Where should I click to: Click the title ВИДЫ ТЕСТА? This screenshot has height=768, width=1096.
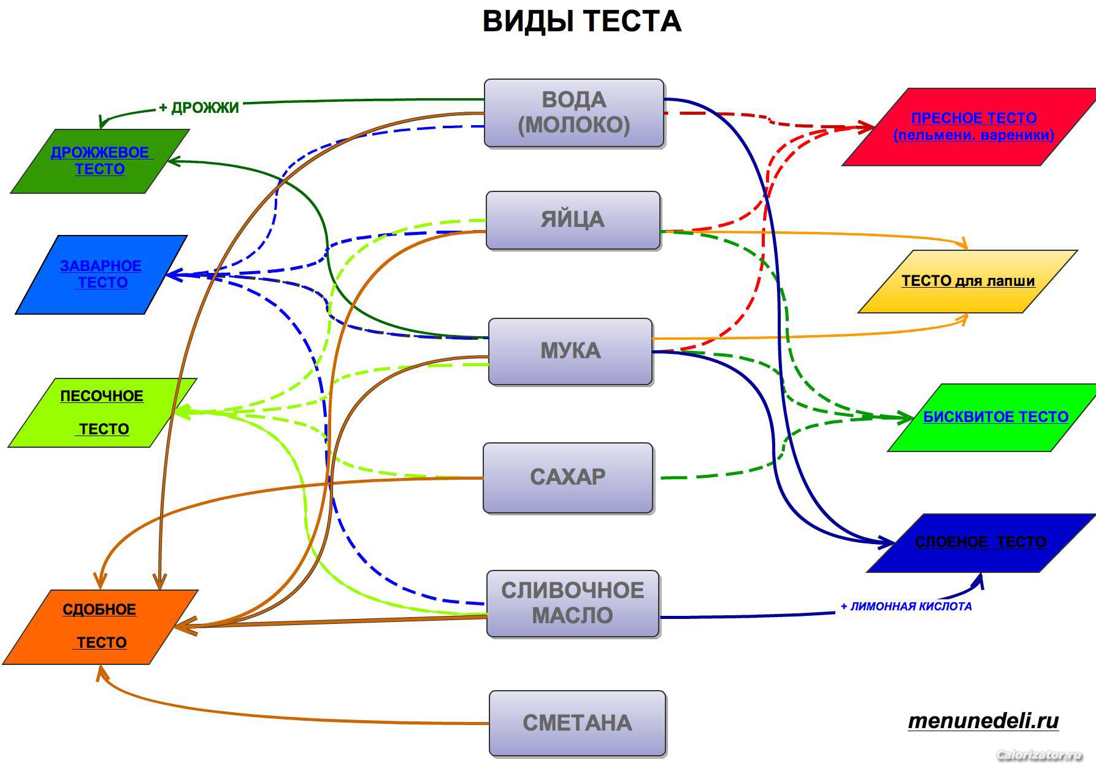pos(581,21)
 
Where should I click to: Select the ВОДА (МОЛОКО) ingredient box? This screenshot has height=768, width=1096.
pos(574,113)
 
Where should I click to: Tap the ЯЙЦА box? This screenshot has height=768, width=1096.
pos(573,220)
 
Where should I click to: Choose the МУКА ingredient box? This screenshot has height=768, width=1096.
pos(570,351)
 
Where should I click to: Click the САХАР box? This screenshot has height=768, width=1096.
pos(568,478)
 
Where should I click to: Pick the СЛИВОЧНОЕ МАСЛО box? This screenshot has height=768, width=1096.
pos(573,604)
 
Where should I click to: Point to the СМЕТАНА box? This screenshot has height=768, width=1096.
pos(577,723)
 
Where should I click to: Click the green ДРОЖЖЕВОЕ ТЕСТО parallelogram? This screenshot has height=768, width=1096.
pos(100,161)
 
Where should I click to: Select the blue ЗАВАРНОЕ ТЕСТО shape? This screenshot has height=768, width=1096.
pos(101,275)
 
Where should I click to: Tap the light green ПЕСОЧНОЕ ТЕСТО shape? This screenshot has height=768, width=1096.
pos(102,413)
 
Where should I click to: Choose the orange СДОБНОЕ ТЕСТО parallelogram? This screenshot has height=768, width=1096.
pos(100,627)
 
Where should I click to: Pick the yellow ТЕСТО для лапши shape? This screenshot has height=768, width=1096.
pos(967,282)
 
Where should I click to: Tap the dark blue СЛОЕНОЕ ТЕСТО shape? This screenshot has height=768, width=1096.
pos(981,543)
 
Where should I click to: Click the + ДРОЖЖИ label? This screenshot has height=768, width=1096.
pos(199,108)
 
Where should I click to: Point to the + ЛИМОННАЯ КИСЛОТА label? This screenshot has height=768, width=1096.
pos(906,607)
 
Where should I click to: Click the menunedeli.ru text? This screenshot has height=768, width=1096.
pos(983,721)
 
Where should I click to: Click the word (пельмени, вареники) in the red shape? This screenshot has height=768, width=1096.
pos(974,135)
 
